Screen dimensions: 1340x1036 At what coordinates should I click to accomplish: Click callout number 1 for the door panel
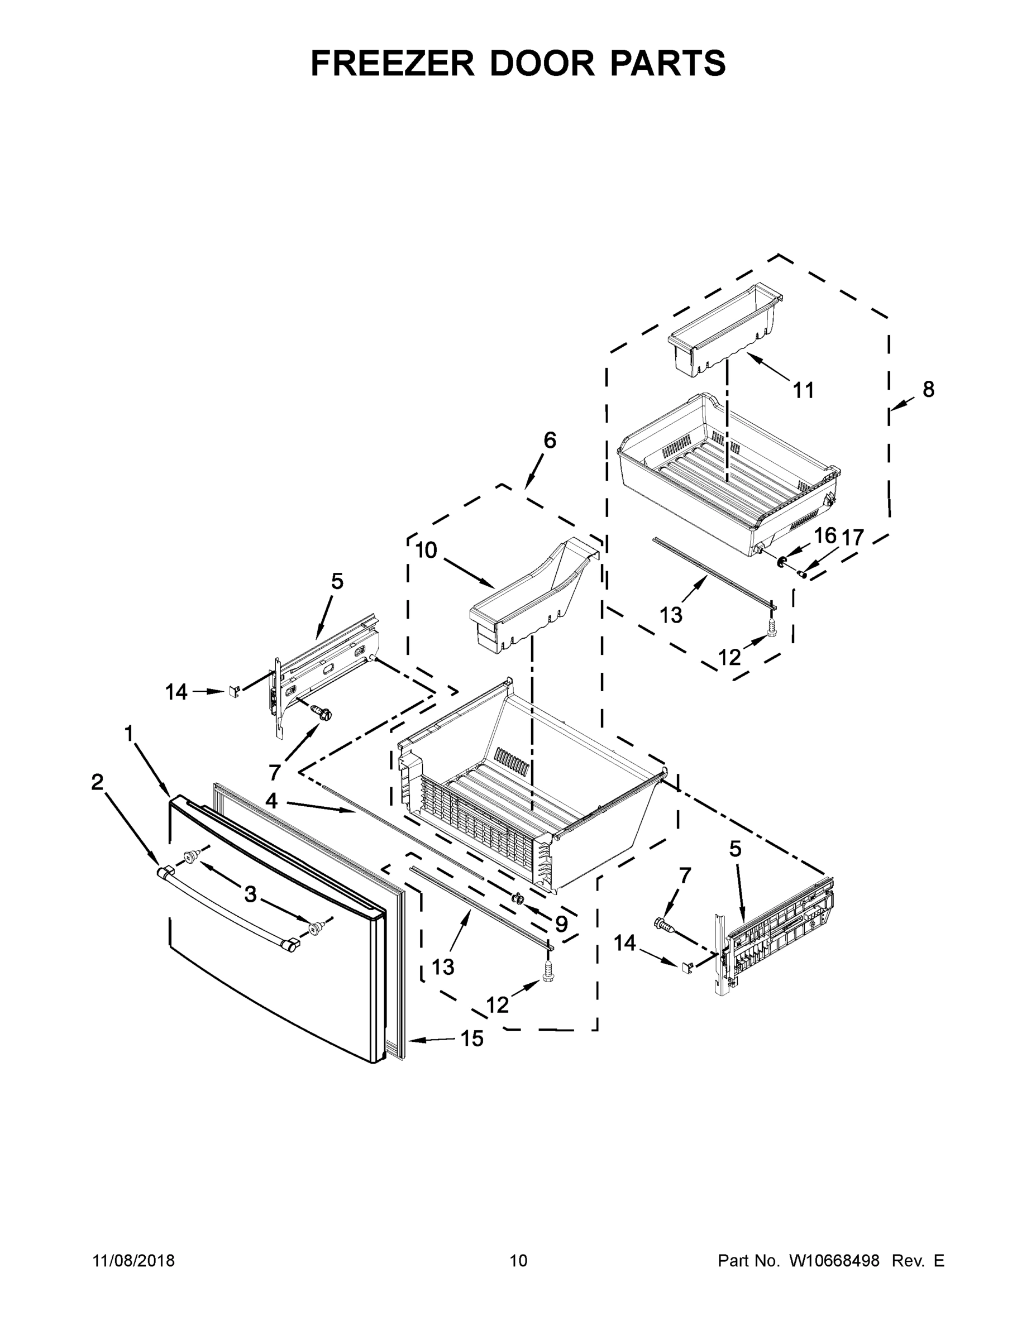(128, 733)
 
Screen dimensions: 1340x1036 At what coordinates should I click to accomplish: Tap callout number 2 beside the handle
(97, 782)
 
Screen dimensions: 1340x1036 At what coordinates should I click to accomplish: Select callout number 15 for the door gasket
(471, 1038)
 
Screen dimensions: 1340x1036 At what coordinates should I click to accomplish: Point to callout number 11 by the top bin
(804, 390)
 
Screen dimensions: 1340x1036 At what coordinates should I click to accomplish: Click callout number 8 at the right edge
(929, 389)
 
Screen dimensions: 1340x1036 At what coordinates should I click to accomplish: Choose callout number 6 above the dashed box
(550, 440)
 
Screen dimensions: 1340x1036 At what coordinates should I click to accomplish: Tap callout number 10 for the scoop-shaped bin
(426, 551)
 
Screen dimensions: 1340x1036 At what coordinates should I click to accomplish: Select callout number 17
(852, 538)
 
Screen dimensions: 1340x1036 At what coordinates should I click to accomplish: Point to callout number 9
(561, 924)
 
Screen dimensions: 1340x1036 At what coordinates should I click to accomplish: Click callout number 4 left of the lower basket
(271, 801)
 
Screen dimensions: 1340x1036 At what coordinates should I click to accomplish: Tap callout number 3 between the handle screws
(250, 895)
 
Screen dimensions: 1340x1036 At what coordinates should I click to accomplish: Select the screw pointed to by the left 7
(322, 713)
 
